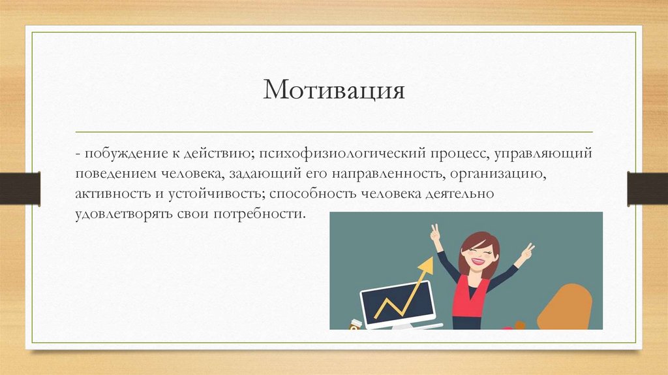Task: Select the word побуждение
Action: coord(117,155)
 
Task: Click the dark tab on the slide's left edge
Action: coord(20,187)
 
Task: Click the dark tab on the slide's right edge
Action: coord(647,187)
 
